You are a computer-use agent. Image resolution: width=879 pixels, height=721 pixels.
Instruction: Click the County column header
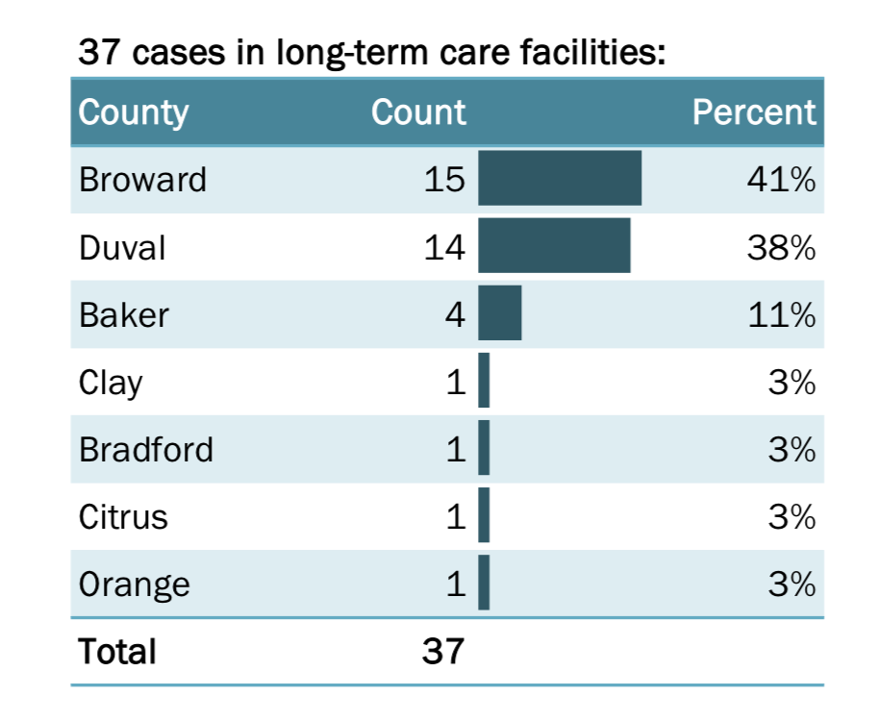pos(134,112)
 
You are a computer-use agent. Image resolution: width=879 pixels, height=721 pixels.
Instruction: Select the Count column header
pos(418,112)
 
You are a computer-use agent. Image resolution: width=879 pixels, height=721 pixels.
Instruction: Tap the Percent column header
pos(754,112)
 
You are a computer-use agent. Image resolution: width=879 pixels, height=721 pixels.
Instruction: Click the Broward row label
pos(142,180)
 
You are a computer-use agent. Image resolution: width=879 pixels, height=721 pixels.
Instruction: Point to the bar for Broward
pos(560,178)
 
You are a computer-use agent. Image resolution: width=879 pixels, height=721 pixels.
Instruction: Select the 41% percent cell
pos(782,180)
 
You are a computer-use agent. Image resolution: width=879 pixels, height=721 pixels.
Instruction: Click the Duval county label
pos(122,248)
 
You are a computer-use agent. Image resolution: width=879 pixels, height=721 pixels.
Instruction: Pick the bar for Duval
pos(554,245)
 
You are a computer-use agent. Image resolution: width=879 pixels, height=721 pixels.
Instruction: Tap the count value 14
pos(444,248)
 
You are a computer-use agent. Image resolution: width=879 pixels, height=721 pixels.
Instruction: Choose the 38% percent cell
pos(782,248)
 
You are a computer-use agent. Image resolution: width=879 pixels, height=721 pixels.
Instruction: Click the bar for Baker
pos(500,312)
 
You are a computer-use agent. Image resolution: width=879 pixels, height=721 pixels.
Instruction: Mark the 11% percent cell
pos(782,315)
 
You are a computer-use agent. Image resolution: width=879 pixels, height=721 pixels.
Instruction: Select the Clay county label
pos(111,383)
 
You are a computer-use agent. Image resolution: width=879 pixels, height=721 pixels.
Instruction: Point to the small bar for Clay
pos(484,380)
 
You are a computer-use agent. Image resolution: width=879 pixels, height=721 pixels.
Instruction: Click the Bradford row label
pos(146,450)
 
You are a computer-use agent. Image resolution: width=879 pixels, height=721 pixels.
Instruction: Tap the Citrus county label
pos(123,517)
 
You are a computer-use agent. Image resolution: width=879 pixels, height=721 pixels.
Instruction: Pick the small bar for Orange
pos(484,582)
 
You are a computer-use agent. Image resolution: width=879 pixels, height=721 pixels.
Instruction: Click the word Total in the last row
pos(117,652)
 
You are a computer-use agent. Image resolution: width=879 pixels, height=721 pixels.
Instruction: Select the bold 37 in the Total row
pos(443,652)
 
